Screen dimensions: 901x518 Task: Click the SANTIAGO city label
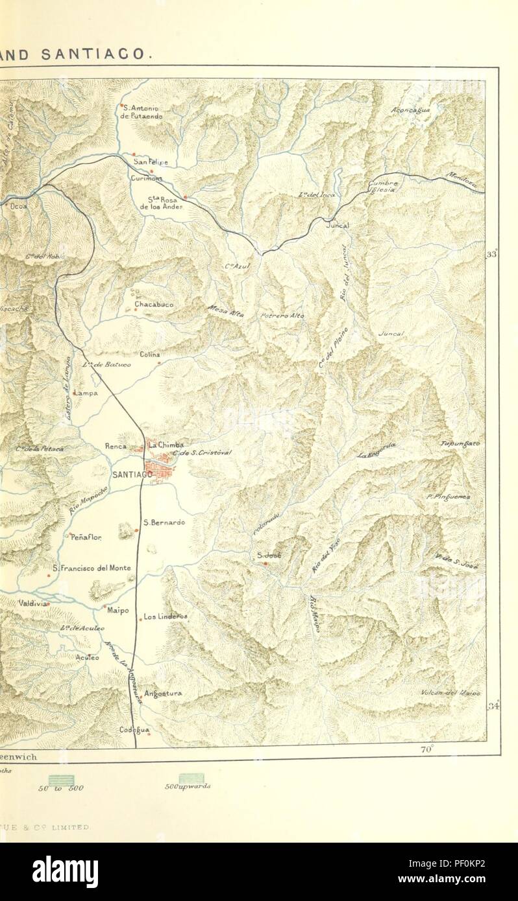(132, 474)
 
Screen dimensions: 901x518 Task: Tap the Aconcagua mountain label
(411, 110)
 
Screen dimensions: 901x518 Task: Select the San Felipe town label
(151, 162)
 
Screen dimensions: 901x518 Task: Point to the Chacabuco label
(153, 303)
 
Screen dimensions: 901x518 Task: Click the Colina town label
(149, 354)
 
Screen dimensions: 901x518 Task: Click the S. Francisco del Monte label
(92, 568)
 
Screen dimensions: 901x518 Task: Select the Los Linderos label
(166, 616)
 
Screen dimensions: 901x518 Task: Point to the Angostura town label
(163, 693)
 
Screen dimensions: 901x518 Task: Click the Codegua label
(134, 729)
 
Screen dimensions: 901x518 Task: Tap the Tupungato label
(460, 444)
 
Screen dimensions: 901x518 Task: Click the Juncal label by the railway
(339, 225)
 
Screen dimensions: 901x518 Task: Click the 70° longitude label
(426, 750)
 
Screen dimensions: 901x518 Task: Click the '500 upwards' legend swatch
(191, 778)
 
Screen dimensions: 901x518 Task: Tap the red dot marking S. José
(265, 563)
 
